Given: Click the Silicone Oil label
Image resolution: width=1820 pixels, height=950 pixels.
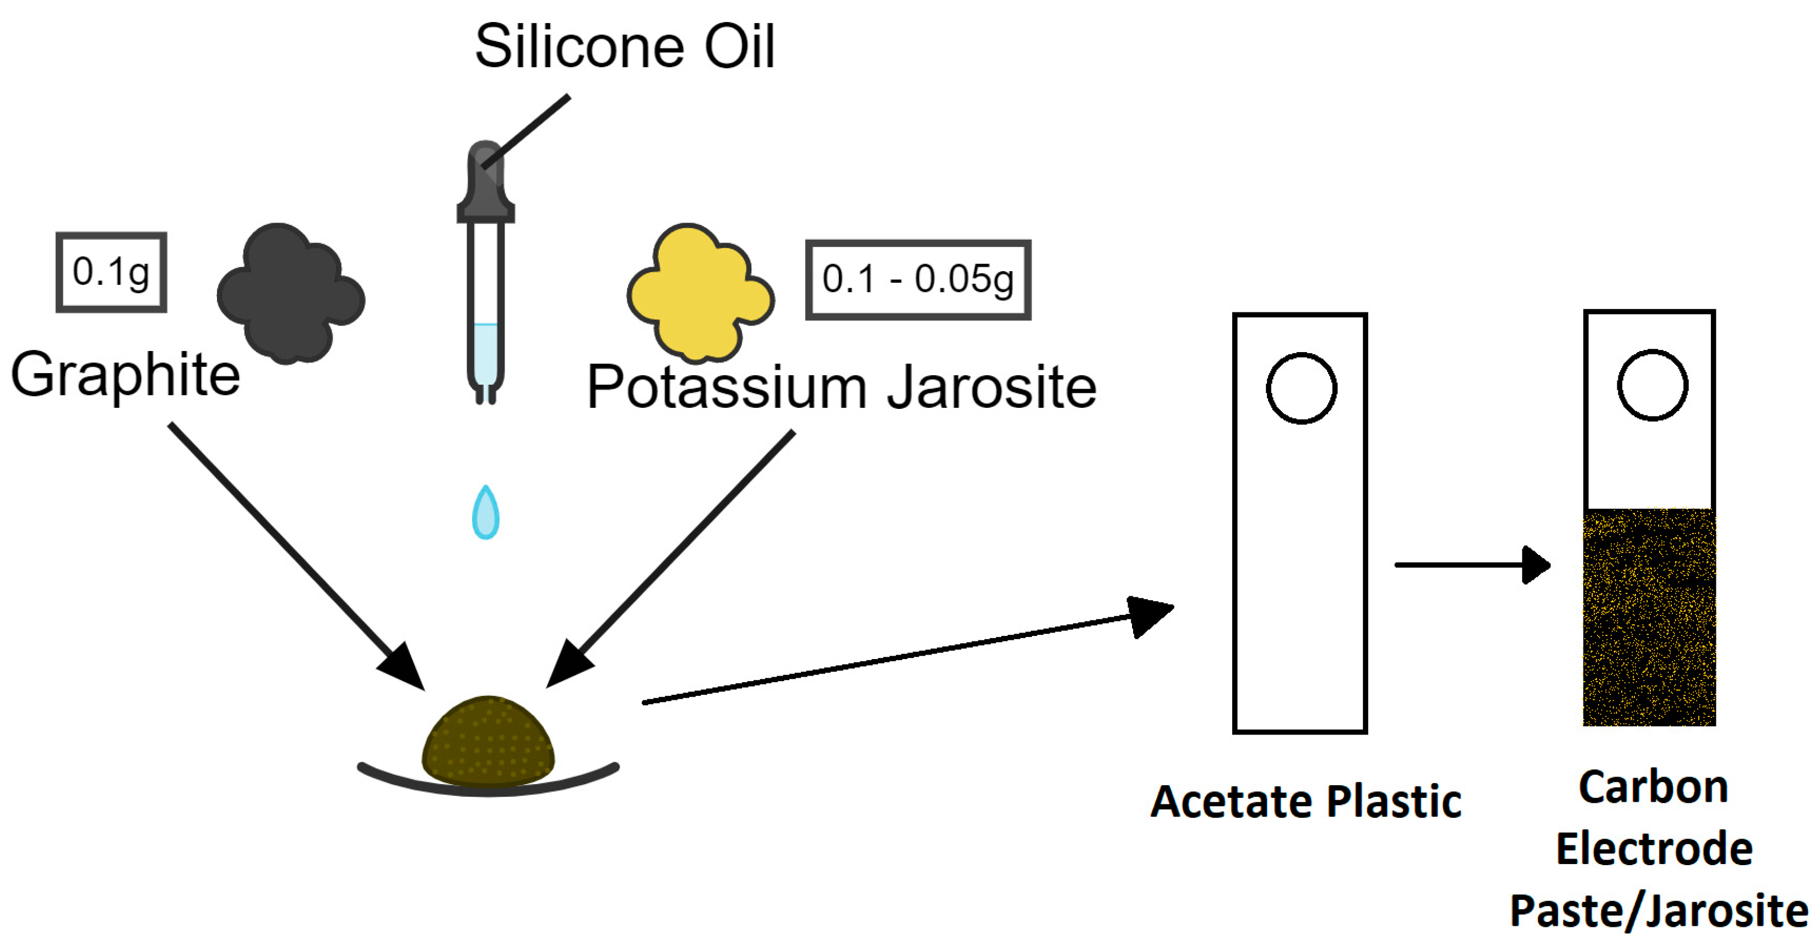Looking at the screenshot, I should point(625,47).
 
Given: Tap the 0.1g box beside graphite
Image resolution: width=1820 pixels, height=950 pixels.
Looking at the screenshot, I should point(111,272).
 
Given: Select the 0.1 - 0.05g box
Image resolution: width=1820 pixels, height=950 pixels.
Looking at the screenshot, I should point(917,280).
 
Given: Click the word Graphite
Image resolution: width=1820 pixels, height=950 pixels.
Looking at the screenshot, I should point(126,375).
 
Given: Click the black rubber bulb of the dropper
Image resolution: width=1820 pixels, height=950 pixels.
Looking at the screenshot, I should point(485,180).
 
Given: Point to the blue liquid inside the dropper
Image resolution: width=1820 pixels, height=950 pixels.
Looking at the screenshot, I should point(485,353).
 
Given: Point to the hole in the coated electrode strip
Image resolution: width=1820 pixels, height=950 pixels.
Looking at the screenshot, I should point(1652,385).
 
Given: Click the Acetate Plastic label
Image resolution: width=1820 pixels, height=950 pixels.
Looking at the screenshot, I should point(1306,802).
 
